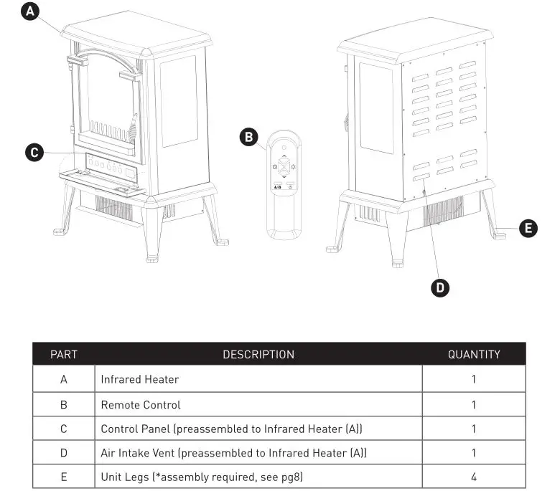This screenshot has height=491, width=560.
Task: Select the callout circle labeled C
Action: pyautogui.click(x=33, y=152)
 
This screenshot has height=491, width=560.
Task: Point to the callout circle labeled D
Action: pyautogui.click(x=440, y=287)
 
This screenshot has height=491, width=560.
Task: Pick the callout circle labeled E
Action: pyautogui.click(x=528, y=229)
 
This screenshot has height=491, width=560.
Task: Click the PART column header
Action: pyautogui.click(x=63, y=354)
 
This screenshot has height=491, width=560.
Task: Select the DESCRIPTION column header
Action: pyautogui.click(x=258, y=354)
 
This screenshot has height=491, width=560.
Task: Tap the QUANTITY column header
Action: pyautogui.click(x=474, y=354)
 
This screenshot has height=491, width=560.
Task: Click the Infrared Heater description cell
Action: pyautogui.click(x=140, y=379)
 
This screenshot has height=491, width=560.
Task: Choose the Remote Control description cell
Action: pyautogui.click(x=141, y=404)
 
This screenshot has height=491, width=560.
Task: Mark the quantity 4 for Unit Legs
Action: pyautogui.click(x=474, y=476)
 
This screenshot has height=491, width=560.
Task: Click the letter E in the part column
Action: pyautogui.click(x=63, y=476)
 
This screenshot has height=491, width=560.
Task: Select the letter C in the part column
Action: pyautogui.click(x=63, y=429)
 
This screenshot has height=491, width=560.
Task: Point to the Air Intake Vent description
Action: pyautogui.click(x=233, y=452)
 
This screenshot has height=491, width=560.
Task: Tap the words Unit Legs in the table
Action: pyautogui.click(x=125, y=476)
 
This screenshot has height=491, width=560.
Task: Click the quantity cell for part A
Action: pyautogui.click(x=474, y=379)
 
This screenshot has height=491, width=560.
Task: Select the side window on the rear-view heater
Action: pyautogui.click(x=375, y=108)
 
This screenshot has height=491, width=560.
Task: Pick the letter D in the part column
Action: pyautogui.click(x=63, y=452)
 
